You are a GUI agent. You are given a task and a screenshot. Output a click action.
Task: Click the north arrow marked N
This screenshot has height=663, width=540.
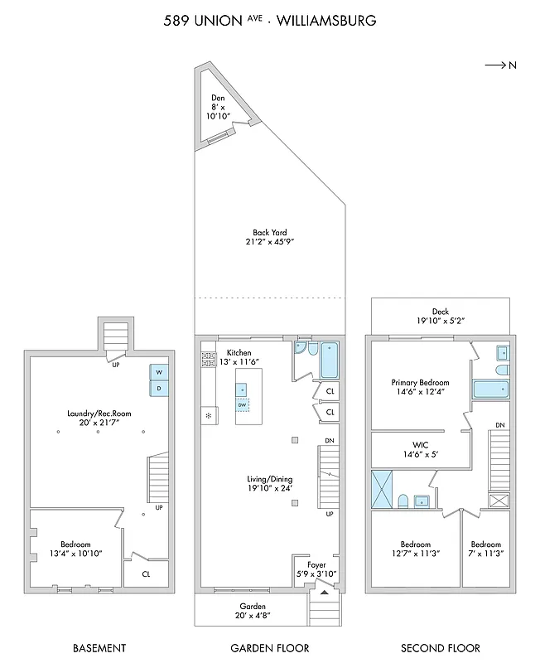coord(501,65)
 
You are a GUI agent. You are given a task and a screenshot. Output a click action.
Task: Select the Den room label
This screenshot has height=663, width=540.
coord(218,98)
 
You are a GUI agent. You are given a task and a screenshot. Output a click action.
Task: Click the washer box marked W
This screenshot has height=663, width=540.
coord(158,372)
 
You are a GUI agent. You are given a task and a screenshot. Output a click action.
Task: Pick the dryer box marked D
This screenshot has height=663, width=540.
coord(158,388)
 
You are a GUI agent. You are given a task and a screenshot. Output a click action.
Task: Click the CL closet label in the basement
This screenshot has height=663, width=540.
coord(146,573)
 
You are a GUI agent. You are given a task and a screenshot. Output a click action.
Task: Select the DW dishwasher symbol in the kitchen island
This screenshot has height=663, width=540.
coord(243,405)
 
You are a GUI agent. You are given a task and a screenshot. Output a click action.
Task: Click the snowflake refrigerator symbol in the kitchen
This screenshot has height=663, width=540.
coord(208,414)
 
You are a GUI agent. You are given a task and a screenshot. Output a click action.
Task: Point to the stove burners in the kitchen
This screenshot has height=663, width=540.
coord(208,359)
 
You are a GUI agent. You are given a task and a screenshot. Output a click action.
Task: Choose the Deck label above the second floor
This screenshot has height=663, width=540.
coord(440,312)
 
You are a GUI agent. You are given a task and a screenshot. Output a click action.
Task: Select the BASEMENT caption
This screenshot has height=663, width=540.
coord(99,648)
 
